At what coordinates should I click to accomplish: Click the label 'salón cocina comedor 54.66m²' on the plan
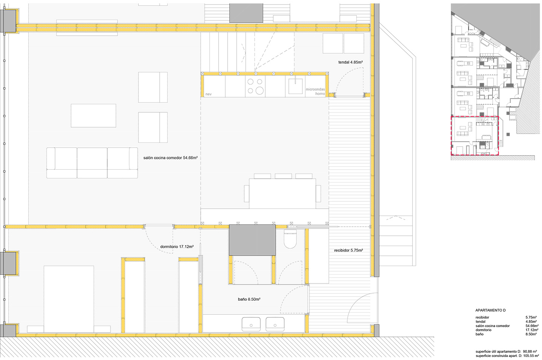(170, 158)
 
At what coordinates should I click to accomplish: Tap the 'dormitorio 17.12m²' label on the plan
(177, 246)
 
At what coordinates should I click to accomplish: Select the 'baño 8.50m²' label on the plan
(249, 299)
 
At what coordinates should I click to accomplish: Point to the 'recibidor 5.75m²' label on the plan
(348, 250)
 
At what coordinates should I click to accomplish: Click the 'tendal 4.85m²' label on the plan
(351, 62)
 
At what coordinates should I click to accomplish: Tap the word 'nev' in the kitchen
(208, 94)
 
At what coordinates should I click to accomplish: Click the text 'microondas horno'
(315, 91)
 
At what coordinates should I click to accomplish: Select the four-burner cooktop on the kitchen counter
(255, 86)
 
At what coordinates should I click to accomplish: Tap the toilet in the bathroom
(291, 239)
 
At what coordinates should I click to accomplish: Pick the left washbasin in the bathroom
(251, 324)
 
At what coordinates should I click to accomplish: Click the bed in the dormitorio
(69, 298)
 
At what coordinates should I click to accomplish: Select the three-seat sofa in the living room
(92, 163)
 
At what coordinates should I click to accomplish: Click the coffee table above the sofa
(94, 116)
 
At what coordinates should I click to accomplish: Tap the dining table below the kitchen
(282, 193)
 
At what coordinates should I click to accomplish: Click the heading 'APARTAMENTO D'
(490, 310)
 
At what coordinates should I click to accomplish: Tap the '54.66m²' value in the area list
(531, 326)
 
